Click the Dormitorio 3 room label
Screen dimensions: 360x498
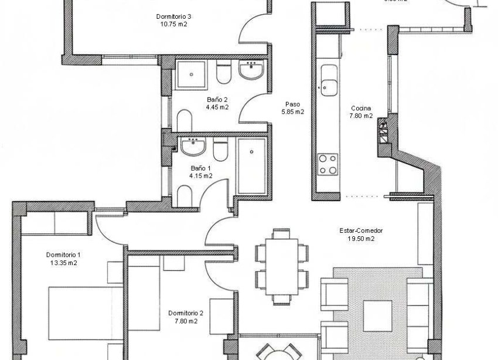[x=175, y=16]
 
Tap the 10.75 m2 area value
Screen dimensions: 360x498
[x=174, y=24]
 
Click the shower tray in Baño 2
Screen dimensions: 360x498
[x=191, y=74]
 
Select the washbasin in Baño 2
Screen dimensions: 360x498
[x=253, y=72]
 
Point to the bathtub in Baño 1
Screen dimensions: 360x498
[x=253, y=166]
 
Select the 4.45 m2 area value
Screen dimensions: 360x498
[x=217, y=107]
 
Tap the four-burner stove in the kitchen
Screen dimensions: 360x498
[x=328, y=164]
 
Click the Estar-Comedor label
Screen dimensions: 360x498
[x=357, y=230]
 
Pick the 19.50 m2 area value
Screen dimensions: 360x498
[x=361, y=239]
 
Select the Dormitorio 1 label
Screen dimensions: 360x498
[x=63, y=254]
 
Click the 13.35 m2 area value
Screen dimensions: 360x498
[x=63, y=263]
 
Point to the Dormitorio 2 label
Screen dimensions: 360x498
[x=185, y=313]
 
